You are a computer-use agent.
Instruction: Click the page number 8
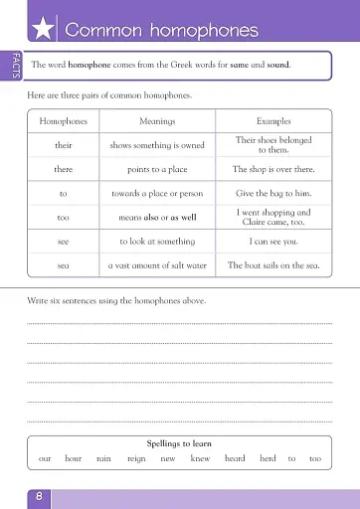click(39, 495)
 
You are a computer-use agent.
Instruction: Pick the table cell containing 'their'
click(64, 145)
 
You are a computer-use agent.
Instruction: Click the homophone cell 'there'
click(64, 169)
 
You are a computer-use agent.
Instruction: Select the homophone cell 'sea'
click(64, 265)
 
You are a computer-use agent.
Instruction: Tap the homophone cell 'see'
click(64, 242)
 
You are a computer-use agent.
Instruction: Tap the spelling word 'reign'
click(136, 458)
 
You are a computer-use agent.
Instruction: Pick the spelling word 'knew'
click(200, 458)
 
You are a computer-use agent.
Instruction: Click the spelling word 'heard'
click(235, 458)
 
